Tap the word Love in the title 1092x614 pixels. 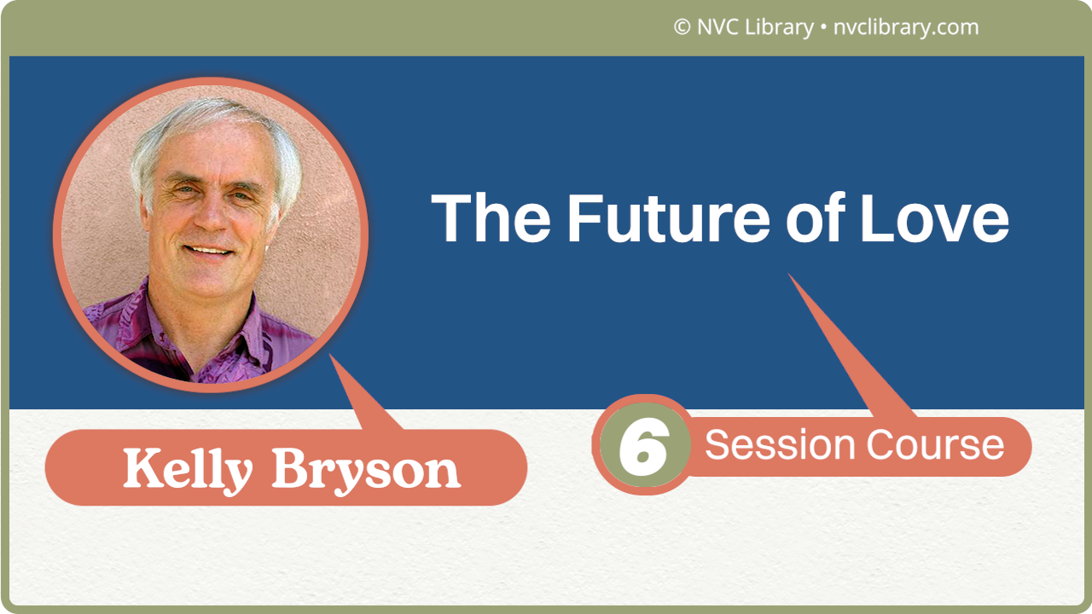(x=934, y=217)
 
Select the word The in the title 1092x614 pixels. (x=491, y=217)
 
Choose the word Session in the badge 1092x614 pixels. (x=780, y=445)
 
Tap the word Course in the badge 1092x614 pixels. (x=935, y=445)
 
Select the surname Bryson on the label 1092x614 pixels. (x=367, y=469)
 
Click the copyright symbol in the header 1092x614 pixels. (x=682, y=27)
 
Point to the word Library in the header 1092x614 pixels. (x=780, y=27)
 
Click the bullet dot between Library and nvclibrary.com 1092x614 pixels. (x=822, y=28)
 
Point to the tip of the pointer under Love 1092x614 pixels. (x=790, y=275)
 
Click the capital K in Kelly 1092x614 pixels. (x=138, y=468)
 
